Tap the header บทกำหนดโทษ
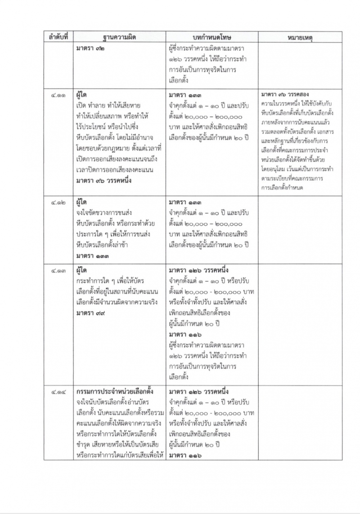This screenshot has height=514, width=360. point(211,38)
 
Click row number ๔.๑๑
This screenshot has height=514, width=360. point(58,96)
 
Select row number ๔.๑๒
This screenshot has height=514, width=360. point(58,202)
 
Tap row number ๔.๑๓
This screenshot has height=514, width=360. point(58,271)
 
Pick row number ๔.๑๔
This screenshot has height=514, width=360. point(58,391)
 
